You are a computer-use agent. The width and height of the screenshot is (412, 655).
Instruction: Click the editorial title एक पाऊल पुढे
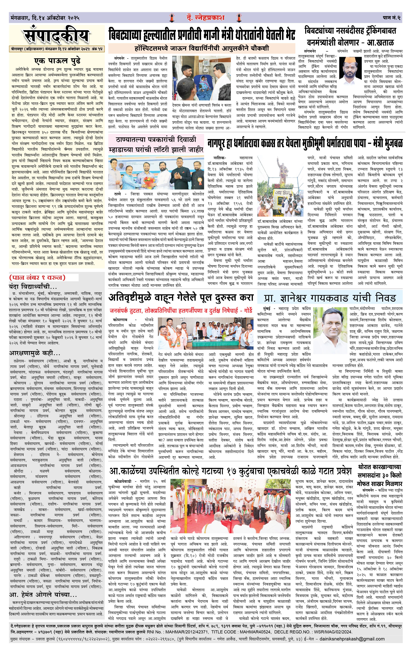(x=57, y=60)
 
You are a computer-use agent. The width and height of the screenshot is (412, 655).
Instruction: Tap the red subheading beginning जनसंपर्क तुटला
(x=181, y=310)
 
